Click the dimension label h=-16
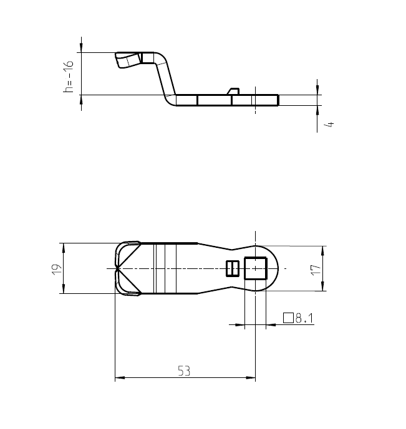point(69,77)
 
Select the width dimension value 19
point(56,269)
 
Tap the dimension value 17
point(316,269)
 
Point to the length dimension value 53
point(184,371)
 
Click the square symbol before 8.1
point(288,318)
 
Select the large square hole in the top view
point(256,268)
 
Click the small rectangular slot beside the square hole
point(231,268)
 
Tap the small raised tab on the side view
point(234,92)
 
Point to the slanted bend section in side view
point(165,78)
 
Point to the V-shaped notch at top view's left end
point(125,268)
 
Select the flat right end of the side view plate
point(278,100)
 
